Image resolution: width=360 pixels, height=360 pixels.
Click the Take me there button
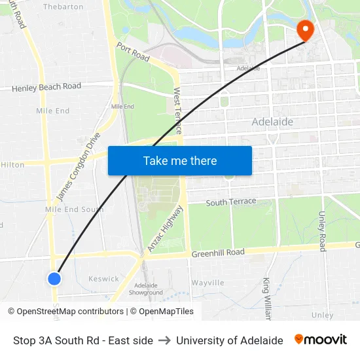[180, 161]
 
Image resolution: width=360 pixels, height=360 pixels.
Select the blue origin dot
[54, 278]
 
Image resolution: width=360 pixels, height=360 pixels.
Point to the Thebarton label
[63, 7]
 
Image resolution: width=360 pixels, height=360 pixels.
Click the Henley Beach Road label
[46, 86]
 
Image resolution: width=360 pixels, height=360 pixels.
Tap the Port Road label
[134, 52]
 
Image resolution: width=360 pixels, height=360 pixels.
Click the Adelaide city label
[272, 122]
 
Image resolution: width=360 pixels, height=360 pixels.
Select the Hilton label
[12, 165]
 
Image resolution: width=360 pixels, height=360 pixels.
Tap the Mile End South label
[74, 209]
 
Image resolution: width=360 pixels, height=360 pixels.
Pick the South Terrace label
[231, 202]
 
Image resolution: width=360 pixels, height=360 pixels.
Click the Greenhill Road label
[218, 253]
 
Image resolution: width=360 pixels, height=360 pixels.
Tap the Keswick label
[103, 279]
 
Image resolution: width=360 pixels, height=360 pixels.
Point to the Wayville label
[207, 283]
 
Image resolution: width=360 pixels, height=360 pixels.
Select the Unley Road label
[322, 231]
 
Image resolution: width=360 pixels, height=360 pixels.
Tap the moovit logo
[321, 340]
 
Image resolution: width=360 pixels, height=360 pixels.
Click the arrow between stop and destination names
[164, 340]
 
